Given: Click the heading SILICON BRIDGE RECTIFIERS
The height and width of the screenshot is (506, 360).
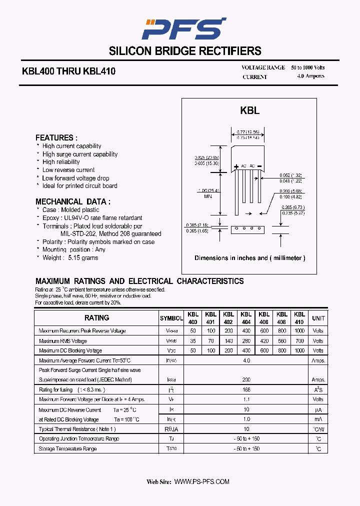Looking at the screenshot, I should [x=185, y=51].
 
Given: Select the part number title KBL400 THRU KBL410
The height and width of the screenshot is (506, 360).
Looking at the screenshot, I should [x=68, y=71].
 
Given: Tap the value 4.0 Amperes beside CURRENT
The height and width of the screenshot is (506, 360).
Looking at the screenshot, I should [x=310, y=76].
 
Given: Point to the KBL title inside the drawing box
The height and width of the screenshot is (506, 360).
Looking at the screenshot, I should [x=249, y=111].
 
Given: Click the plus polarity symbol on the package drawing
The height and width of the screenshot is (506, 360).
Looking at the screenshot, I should [x=236, y=166].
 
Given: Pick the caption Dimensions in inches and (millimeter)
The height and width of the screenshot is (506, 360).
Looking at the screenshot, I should [x=249, y=258].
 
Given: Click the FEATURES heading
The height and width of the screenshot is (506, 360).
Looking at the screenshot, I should [x=56, y=137].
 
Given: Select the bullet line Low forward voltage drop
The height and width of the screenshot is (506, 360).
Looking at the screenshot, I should [x=75, y=178].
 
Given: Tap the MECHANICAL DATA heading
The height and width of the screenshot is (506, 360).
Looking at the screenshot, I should [x=73, y=201].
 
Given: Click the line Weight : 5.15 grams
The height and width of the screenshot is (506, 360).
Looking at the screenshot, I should [x=70, y=258].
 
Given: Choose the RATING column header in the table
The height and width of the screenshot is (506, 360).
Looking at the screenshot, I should [x=96, y=318].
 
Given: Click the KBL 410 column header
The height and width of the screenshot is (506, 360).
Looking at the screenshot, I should [x=299, y=318].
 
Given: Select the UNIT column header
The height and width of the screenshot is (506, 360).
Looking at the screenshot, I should [x=318, y=318].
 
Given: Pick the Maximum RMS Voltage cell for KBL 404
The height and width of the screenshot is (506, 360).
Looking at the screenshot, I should [x=246, y=341].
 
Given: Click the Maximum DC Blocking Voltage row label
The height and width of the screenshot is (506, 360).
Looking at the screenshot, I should [x=70, y=350].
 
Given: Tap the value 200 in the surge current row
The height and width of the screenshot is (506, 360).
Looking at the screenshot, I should [x=246, y=380].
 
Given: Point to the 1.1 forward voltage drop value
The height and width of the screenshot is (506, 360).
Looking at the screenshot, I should [x=246, y=399].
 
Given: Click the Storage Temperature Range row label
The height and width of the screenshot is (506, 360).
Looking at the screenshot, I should [x=68, y=448].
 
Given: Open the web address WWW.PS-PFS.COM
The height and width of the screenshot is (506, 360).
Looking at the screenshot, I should [x=202, y=481].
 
